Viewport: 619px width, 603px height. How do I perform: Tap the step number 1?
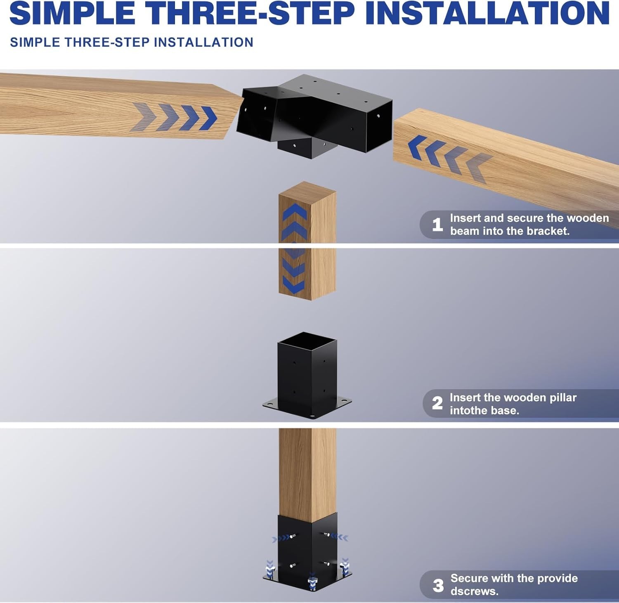click(437, 225)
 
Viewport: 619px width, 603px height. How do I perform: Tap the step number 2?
click(437, 403)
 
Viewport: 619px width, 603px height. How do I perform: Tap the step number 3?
click(438, 585)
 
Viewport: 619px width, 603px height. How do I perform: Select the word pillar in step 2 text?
click(557, 397)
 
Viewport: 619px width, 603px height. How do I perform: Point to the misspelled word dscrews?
click(475, 591)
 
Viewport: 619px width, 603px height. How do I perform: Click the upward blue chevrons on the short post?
click(294, 223)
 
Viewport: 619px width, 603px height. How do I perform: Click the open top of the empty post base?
click(307, 341)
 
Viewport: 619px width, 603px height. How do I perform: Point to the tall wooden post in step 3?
click(307, 471)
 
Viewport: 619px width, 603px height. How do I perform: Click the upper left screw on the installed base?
click(292, 536)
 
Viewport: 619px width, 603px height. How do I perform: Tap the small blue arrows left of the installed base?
click(281, 539)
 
